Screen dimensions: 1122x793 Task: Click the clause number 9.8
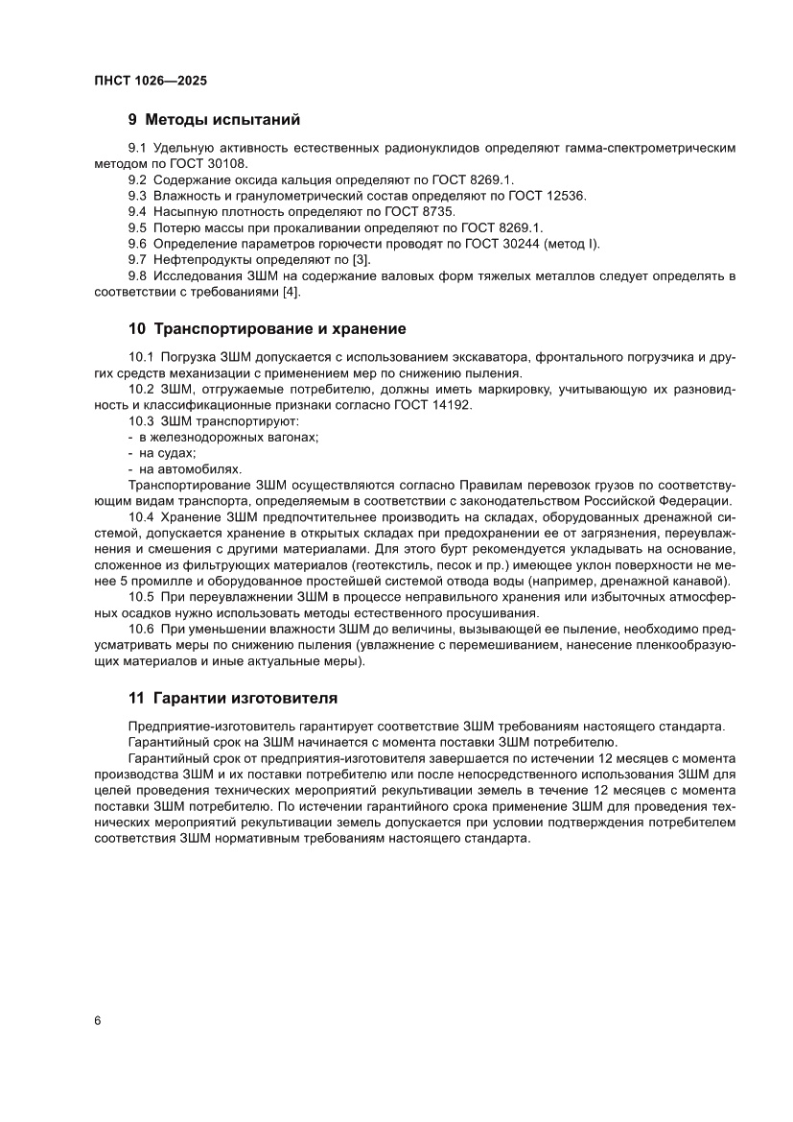(138, 276)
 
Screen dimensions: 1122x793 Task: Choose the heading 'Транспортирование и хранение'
(279, 329)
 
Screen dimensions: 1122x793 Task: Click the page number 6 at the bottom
(98, 1019)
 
